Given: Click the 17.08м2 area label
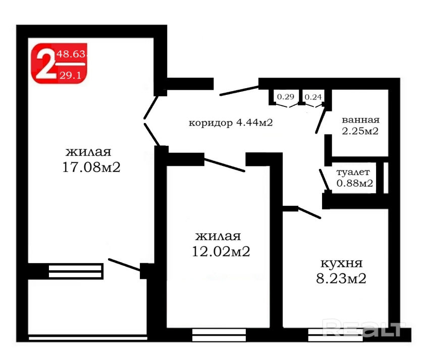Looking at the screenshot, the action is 91,167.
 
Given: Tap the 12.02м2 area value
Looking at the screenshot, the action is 221,251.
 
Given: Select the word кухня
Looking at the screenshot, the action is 342,264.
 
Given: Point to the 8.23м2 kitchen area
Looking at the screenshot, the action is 341,278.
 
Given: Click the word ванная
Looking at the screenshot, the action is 360,120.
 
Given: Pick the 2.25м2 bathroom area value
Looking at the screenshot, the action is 360,131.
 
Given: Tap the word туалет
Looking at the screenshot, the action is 353,172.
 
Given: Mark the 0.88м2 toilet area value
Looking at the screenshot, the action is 355,183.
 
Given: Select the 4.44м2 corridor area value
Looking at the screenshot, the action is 254,123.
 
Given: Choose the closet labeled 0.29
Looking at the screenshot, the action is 286,97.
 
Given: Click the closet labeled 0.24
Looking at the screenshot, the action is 313,97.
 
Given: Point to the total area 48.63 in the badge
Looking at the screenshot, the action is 71,54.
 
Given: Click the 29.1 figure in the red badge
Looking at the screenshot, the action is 71,75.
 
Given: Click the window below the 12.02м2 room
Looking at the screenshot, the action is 219,335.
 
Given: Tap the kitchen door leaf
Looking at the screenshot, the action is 309,213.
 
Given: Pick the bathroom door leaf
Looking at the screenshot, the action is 320,121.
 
